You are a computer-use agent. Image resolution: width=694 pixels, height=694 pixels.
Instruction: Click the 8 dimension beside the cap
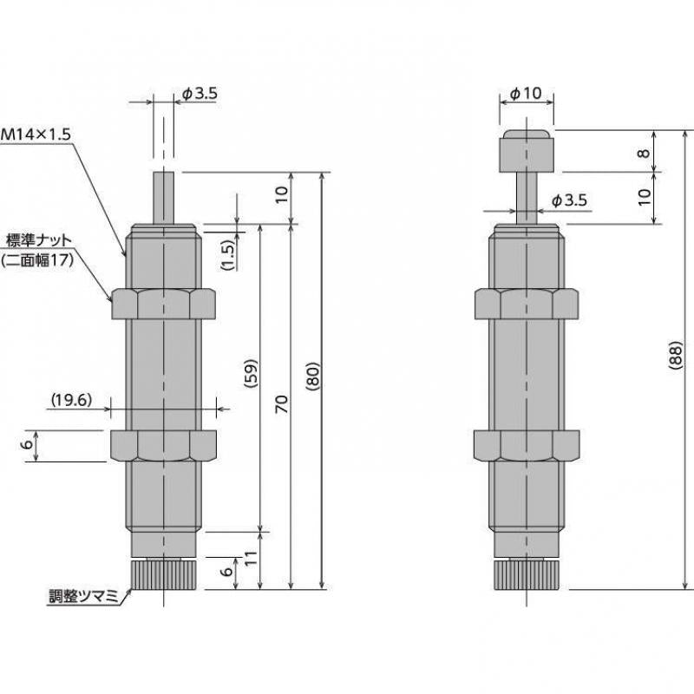click(643, 153)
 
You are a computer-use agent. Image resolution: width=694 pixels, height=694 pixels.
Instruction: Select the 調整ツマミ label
click(86, 598)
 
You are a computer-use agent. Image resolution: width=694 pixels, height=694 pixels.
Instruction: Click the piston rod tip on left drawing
click(164, 195)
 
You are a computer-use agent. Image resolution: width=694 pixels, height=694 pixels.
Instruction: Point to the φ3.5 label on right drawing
click(570, 201)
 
